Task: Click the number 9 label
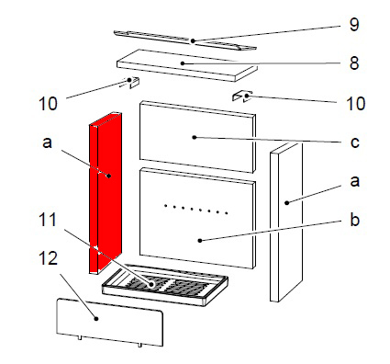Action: coord(354,24)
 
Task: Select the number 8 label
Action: coord(354,63)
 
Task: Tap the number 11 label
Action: coord(48,220)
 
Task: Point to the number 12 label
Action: coord(48,259)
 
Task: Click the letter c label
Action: coord(354,142)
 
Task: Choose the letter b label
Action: coord(354,220)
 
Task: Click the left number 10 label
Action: coord(48,104)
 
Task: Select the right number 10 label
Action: coord(356,104)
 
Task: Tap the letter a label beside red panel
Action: coord(47,142)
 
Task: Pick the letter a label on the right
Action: coord(354,181)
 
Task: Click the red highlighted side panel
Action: coord(106,193)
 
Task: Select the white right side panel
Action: coord(286,222)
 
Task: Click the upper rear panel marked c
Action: coord(197,137)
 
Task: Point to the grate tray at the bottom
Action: coord(164,285)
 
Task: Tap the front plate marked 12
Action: coord(109,323)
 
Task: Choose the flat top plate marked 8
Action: coord(186,65)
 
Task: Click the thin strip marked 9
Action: coord(184,40)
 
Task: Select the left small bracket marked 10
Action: coord(131,82)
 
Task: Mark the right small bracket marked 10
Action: coord(242,97)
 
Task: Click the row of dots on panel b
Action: coord(195,209)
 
